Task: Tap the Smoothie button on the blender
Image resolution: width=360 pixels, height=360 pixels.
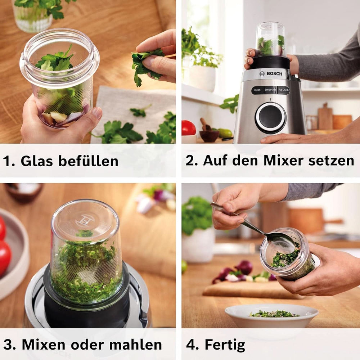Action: (x=270, y=90)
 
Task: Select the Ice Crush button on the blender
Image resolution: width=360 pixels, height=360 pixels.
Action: (x=284, y=90)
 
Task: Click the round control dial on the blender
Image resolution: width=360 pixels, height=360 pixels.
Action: (x=270, y=118)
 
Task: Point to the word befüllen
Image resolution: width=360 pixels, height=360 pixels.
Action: (x=89, y=161)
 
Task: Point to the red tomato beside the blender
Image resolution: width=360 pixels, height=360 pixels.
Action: (x=189, y=128)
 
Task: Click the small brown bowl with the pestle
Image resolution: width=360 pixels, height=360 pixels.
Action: (x=209, y=135)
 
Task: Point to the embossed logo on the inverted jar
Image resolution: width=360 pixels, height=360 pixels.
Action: (x=86, y=220)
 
